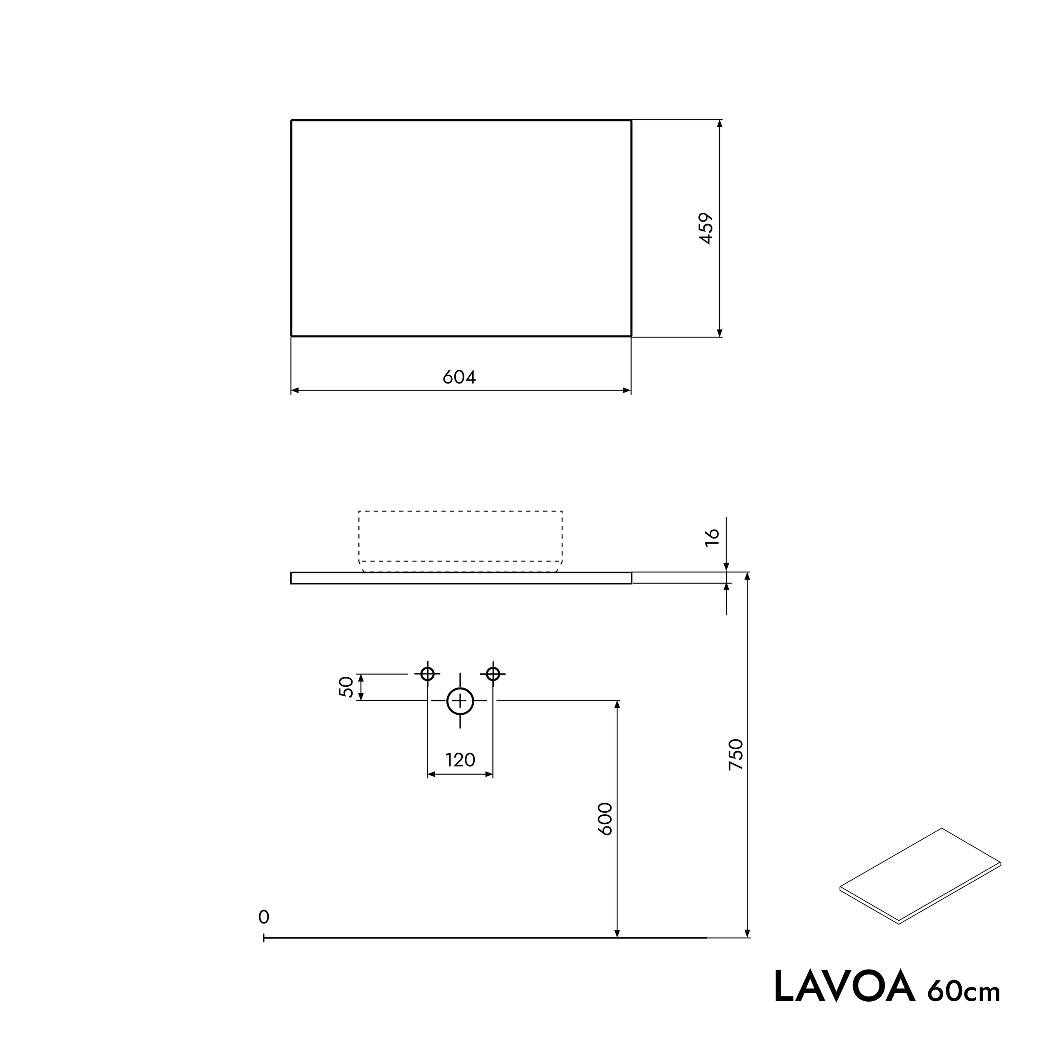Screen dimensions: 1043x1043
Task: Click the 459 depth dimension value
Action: click(x=706, y=228)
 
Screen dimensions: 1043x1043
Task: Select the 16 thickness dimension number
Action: click(x=713, y=538)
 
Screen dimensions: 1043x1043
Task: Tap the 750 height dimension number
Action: click(x=736, y=754)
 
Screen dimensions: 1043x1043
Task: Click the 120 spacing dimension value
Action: click(x=460, y=760)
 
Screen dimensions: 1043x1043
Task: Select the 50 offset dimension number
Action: click(x=346, y=687)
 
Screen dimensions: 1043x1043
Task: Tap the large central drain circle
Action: click(x=460, y=701)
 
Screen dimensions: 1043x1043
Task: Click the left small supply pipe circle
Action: click(x=428, y=674)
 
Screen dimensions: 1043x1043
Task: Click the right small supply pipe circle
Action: click(x=493, y=674)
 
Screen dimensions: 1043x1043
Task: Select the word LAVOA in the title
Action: click(x=844, y=987)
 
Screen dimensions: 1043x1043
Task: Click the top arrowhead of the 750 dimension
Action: click(x=747, y=577)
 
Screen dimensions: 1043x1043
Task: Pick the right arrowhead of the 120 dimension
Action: click(x=489, y=775)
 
